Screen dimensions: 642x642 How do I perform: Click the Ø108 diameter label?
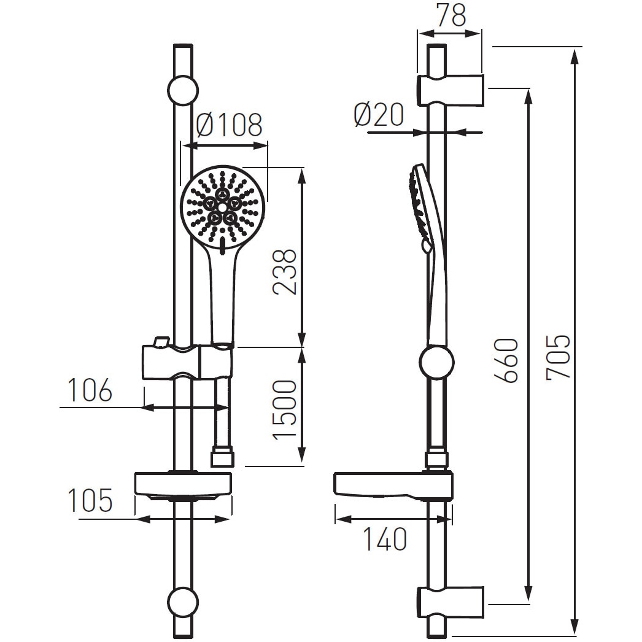click(229, 125)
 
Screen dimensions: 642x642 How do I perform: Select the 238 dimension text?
click(285, 271)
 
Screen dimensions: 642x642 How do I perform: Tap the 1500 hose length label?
click(285, 409)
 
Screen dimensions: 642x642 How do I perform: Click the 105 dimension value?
click(90, 501)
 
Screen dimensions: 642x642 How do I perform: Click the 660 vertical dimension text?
click(508, 360)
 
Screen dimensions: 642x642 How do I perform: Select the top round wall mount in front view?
click(183, 90)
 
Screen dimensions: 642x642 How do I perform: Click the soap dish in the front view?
click(183, 484)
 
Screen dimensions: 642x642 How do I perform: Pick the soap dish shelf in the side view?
click(381, 484)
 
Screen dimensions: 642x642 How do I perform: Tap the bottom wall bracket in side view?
click(451, 601)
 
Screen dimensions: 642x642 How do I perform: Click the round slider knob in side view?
click(436, 362)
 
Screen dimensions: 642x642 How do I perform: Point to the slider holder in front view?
click(187, 362)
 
